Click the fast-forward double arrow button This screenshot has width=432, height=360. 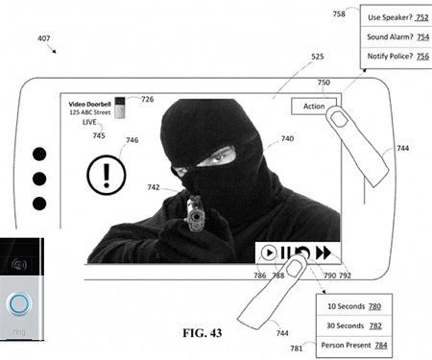pos(324,252)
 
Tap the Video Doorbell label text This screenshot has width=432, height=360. pos(89,102)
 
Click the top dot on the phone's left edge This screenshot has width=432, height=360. pos(39,154)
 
